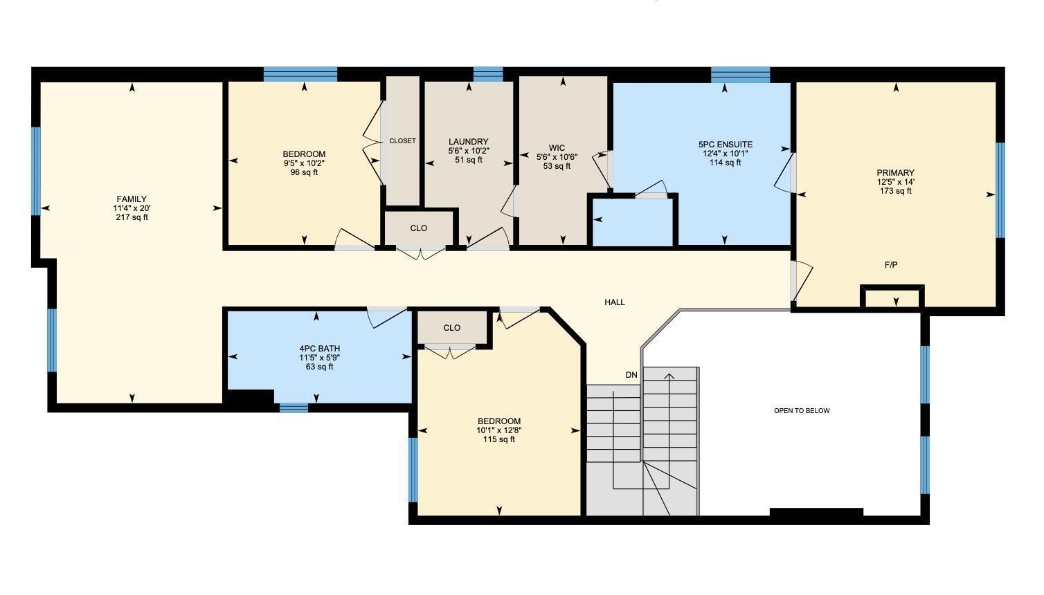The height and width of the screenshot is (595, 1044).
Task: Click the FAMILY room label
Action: pyautogui.click(x=132, y=199)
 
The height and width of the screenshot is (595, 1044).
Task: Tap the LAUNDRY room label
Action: pyautogui.click(x=469, y=142)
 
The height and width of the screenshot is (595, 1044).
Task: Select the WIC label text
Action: pyautogui.click(x=557, y=148)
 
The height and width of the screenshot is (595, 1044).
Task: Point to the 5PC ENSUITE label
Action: pyautogui.click(x=725, y=145)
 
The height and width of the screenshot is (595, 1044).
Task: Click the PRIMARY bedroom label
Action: pyautogui.click(x=895, y=173)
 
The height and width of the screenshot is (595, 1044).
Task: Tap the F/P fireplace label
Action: pyautogui.click(x=891, y=265)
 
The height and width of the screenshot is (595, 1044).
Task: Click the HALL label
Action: pyautogui.click(x=615, y=302)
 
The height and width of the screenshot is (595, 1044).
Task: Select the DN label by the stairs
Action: pyautogui.click(x=631, y=375)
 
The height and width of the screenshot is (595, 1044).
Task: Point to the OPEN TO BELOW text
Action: pyautogui.click(x=802, y=411)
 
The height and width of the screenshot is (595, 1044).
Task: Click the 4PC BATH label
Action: pyautogui.click(x=319, y=349)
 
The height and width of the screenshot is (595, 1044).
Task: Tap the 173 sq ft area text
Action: pyautogui.click(x=895, y=191)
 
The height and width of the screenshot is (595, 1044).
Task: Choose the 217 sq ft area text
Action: pyautogui.click(x=132, y=217)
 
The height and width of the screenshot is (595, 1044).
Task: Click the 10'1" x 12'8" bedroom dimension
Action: pyautogui.click(x=498, y=430)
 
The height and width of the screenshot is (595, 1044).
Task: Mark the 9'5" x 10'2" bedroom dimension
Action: pyautogui.click(x=304, y=163)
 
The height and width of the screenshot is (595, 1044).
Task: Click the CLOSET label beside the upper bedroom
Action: pyautogui.click(x=402, y=141)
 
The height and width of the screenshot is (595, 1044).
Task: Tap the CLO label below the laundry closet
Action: pyautogui.click(x=419, y=228)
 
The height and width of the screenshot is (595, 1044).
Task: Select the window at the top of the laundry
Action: pyautogui.click(x=487, y=73)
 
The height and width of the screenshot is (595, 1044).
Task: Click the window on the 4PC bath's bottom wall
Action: pyautogui.click(x=294, y=408)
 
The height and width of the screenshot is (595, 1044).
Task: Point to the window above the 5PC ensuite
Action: pyautogui.click(x=740, y=74)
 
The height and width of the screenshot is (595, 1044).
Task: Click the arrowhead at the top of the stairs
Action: pyautogui.click(x=669, y=376)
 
